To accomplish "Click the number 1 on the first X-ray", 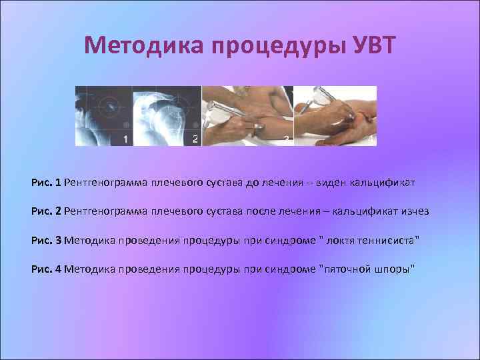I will pyautogui.click(x=125, y=139).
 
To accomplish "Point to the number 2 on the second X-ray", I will pyautogui.click(x=195, y=139).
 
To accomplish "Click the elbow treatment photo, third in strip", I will pyautogui.click(x=247, y=116).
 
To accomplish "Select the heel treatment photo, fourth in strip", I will pyautogui.click(x=335, y=116).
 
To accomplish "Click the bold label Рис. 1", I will pyautogui.click(x=46, y=182).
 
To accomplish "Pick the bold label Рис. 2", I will pyautogui.click(x=46, y=211).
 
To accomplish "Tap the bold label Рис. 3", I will pyautogui.click(x=46, y=240).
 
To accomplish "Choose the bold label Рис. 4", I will pyautogui.click(x=46, y=269).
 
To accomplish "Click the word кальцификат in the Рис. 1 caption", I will pyautogui.click(x=386, y=182).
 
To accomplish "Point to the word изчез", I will pyautogui.click(x=415, y=211).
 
